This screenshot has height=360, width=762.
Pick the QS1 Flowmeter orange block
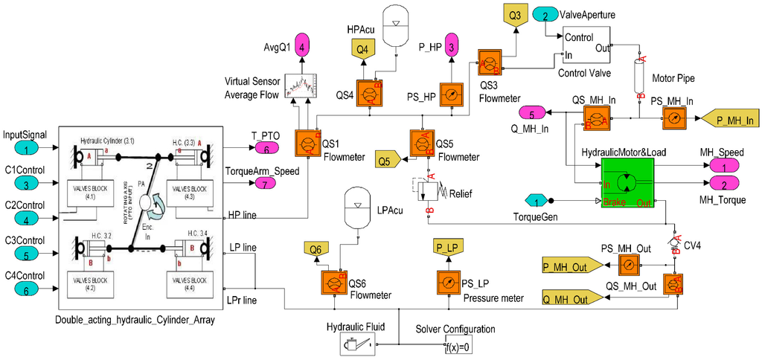pos(307,142)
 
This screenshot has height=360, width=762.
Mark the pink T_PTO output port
pos(266,149)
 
